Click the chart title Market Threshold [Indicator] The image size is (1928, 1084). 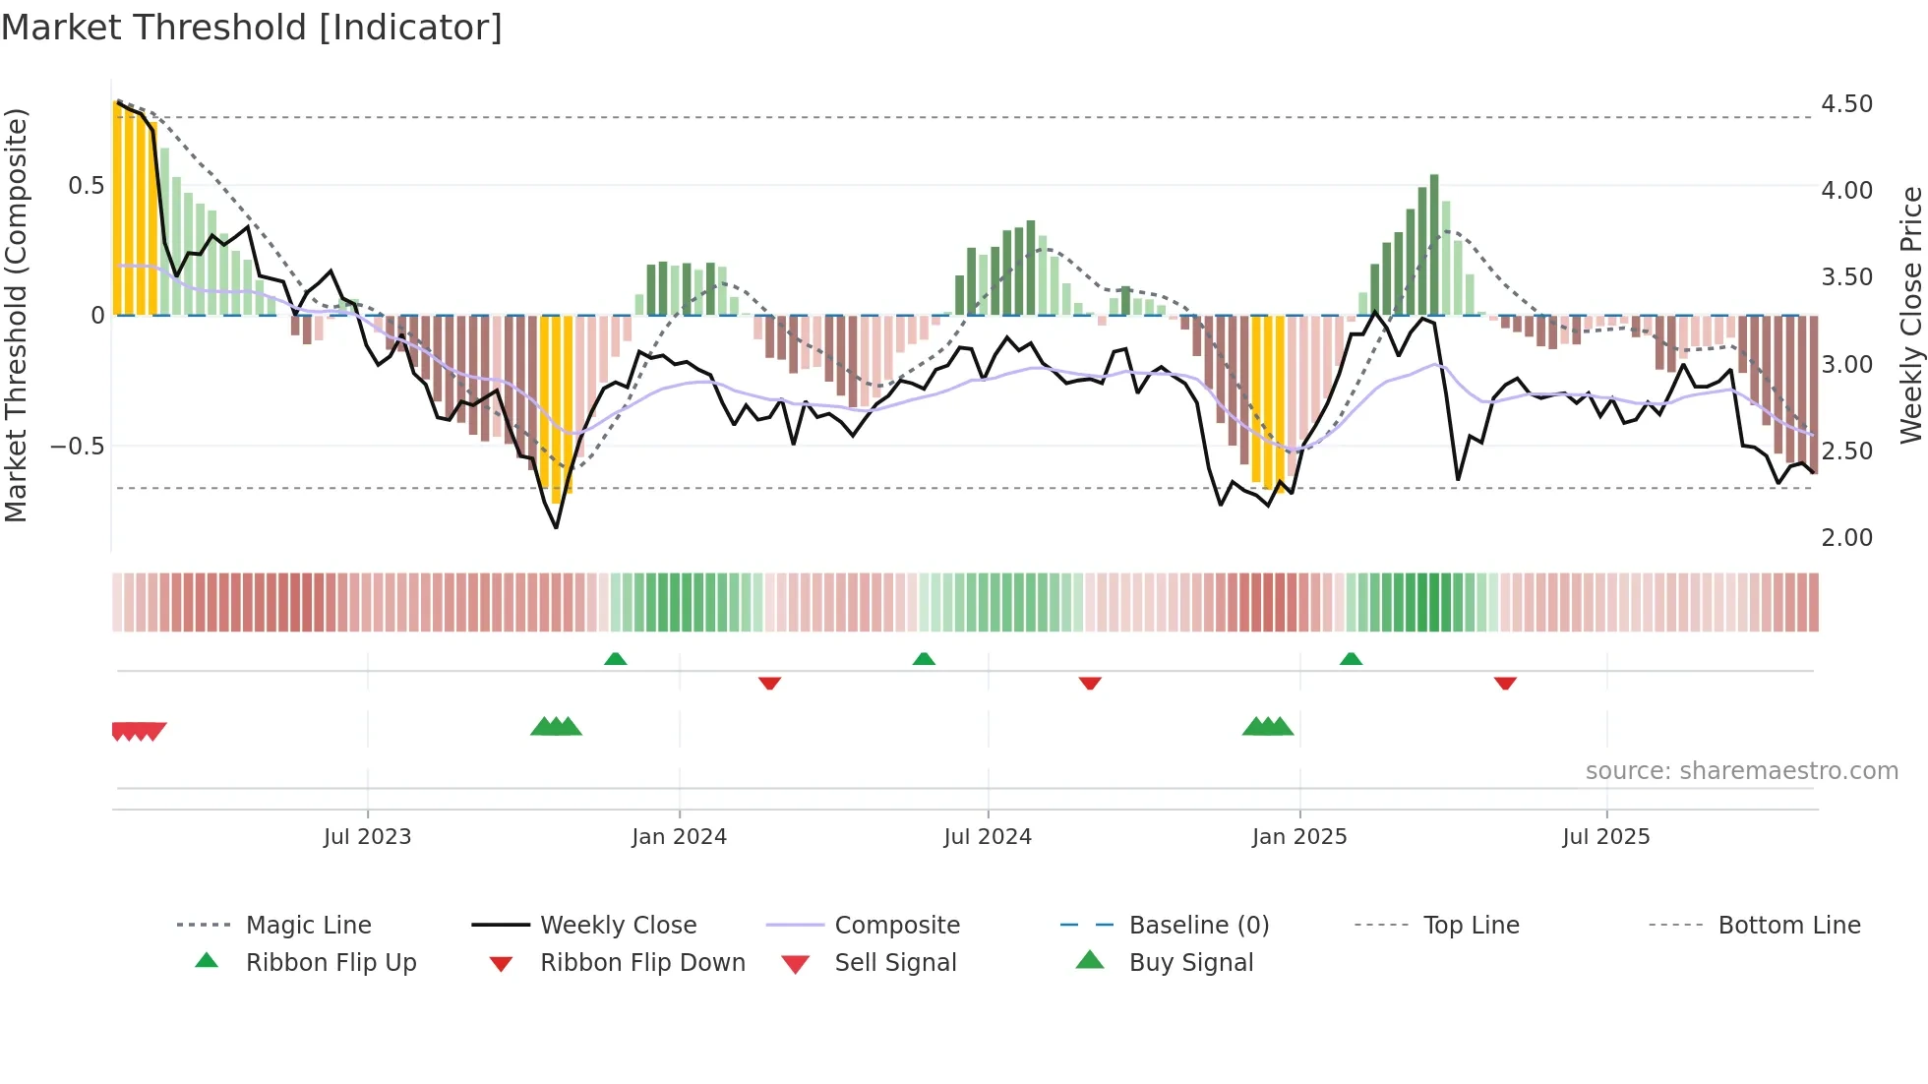point(252,28)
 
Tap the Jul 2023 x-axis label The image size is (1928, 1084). point(367,837)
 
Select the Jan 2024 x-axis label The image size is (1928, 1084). point(679,837)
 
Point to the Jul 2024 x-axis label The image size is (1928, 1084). point(988,837)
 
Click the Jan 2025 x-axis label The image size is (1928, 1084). point(1299,837)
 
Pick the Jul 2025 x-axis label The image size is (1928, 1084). point(1606,837)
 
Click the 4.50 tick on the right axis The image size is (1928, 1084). point(1846,104)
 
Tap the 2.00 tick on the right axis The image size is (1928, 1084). point(1846,538)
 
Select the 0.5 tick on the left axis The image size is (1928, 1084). point(87,186)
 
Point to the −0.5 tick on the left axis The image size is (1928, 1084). point(78,447)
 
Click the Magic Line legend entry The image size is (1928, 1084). point(308,926)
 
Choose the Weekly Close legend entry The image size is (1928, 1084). point(618,926)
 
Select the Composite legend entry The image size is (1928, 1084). point(896,926)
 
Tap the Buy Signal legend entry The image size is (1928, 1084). point(1190,963)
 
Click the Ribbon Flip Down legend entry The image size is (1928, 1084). point(642,963)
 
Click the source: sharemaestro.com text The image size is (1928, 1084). point(1741,771)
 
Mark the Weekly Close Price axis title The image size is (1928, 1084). point(1910,315)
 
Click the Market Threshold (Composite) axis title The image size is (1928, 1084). point(16,315)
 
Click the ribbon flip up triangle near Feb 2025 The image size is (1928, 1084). point(1351,659)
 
